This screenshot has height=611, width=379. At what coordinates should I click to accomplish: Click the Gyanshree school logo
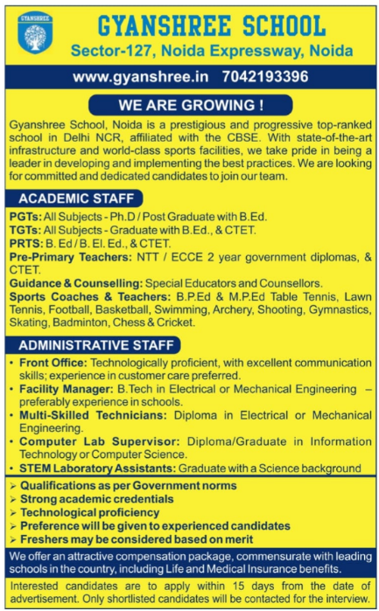(35, 36)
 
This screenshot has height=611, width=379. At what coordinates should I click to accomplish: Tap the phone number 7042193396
(266, 77)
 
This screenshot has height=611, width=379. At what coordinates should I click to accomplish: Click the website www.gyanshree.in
(141, 77)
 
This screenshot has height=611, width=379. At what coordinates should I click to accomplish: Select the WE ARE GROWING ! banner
(190, 106)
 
